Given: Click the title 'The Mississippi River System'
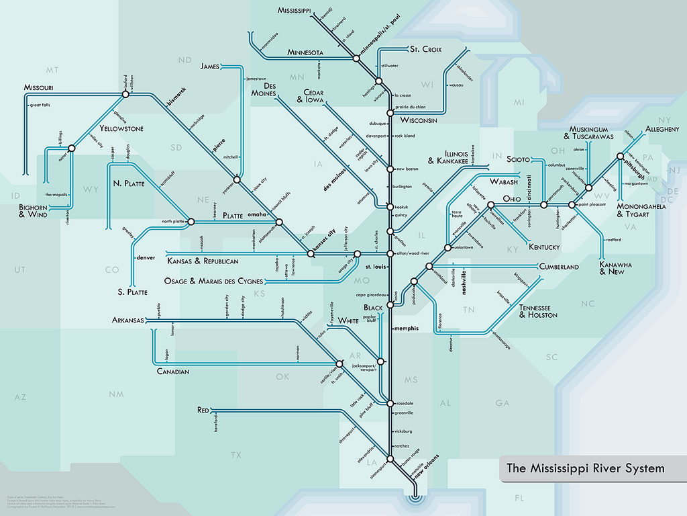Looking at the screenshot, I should coord(585,468).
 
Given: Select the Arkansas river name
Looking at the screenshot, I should coord(128,320).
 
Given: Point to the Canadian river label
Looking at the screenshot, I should coord(173,372).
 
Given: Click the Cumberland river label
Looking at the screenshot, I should coord(559,267).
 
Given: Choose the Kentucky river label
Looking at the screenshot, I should coord(544,247).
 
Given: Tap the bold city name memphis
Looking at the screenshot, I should coord(405,329).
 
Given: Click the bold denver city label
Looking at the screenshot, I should coord(146,257).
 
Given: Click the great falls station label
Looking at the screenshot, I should coord(40,105).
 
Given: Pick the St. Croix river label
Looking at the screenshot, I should coord(424,49).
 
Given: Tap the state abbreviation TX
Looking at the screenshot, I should coord(235,456).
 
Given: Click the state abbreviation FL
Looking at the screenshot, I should coord(519,498).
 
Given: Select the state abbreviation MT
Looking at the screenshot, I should coord(52,70).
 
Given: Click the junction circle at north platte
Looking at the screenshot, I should coord(191,221).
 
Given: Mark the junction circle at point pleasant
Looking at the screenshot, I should coord(572,204).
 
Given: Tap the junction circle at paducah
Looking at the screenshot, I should coord(414,282).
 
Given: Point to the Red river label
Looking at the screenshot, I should coord(204,410).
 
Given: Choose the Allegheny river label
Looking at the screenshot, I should coord(662,129).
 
